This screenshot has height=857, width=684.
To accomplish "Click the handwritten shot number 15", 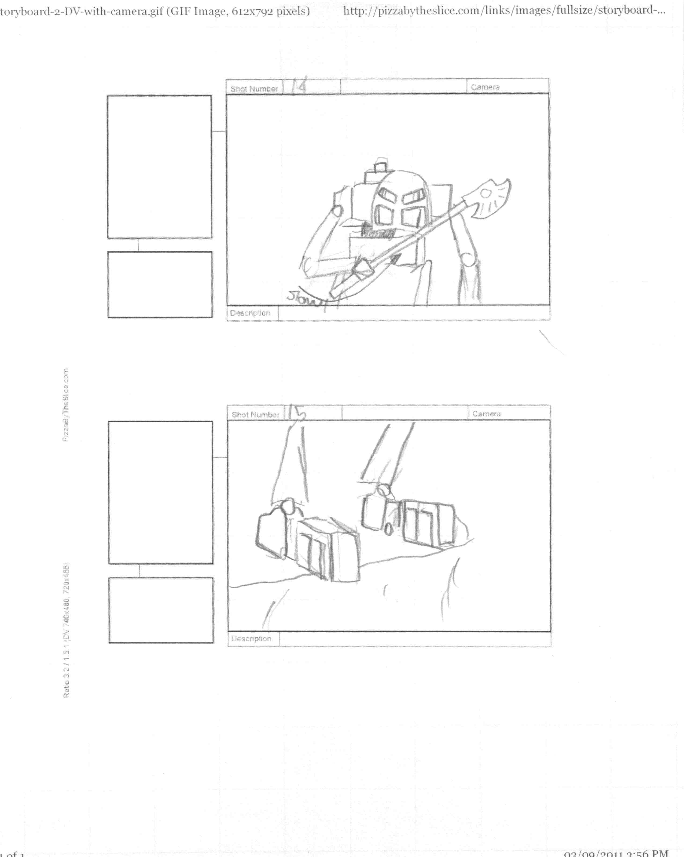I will point(297,413).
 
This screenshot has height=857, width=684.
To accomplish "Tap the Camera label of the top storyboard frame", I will point(485,87).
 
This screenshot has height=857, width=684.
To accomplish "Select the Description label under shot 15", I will point(251,638).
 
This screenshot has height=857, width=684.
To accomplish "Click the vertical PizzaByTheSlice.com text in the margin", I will point(65,405).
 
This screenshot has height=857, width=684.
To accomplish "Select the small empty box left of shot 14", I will point(160,285).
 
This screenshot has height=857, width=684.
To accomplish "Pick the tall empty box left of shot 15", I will point(160,492).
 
